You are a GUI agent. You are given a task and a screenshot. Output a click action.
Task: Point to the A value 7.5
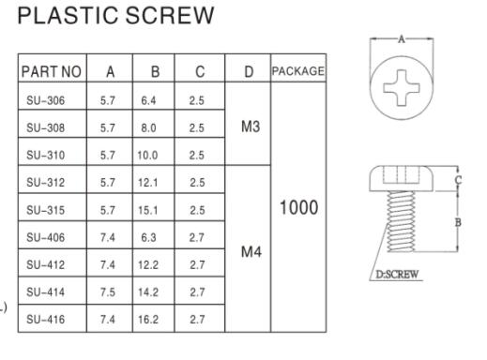(x=111, y=291)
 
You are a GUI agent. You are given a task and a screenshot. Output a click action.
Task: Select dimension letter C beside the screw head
(x=458, y=179)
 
